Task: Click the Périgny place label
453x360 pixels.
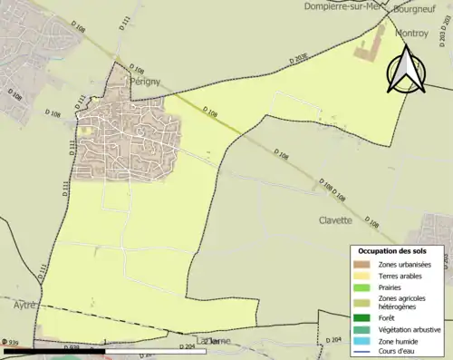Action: (145, 81)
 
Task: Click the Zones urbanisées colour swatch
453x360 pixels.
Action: (363, 264)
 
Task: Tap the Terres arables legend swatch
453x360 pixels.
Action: (363, 275)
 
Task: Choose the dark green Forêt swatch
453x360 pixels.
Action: (363, 318)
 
